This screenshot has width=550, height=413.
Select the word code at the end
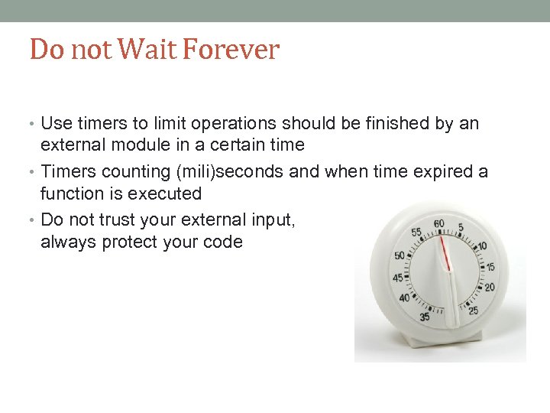(x=225, y=242)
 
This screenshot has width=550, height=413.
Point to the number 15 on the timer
(x=490, y=267)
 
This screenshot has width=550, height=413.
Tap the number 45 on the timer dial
(x=397, y=278)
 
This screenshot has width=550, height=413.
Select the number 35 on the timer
(x=425, y=316)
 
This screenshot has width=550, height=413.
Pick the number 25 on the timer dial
(x=474, y=311)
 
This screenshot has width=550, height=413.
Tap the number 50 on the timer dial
(x=400, y=255)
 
